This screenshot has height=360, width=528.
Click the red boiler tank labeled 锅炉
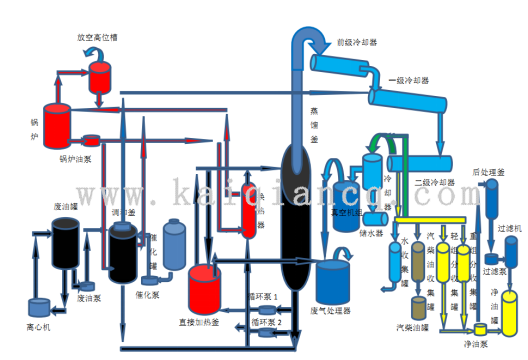tap(56, 123)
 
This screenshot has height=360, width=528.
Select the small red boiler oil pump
tap(90, 140)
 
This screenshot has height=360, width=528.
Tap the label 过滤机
tap(510, 229)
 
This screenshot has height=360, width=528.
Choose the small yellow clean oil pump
tap(479, 328)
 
